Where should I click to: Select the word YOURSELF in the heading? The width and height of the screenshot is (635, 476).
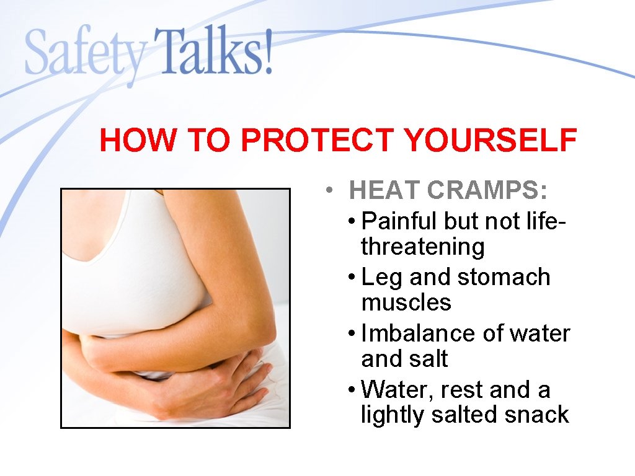coord(490,141)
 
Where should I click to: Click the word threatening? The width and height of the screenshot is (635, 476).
coord(422,247)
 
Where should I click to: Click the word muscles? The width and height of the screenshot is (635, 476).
coord(406,302)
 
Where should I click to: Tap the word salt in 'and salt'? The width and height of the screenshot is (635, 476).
coord(429,359)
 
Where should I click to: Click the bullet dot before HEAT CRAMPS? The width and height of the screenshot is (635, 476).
coord(333,191)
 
